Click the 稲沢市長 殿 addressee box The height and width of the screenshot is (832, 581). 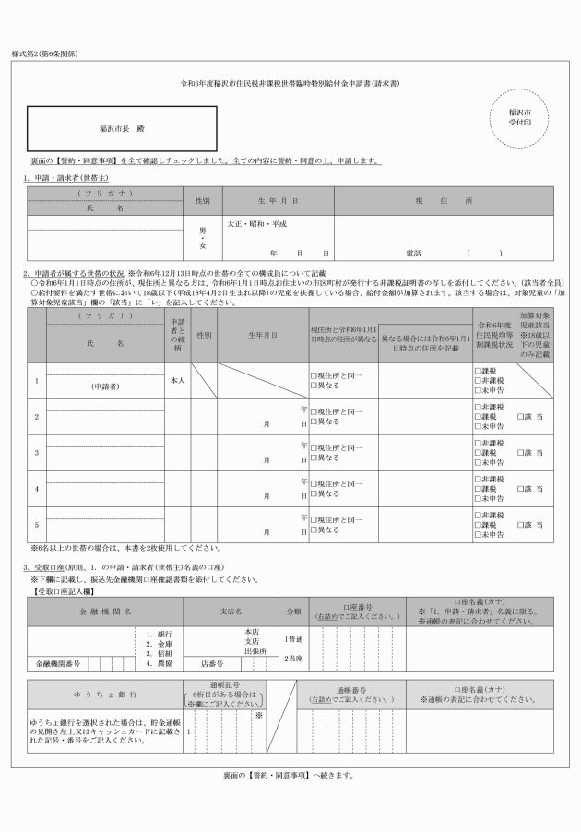(123, 129)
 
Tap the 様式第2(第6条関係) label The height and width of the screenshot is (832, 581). (44, 53)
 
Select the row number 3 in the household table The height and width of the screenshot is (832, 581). (36, 454)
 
